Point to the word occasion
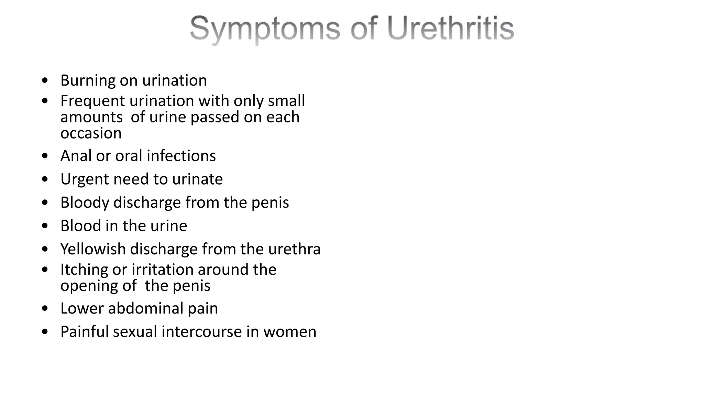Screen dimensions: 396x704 tap(91, 133)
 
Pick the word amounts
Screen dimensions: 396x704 tap(91, 118)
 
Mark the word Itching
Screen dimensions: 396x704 tap(84, 270)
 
